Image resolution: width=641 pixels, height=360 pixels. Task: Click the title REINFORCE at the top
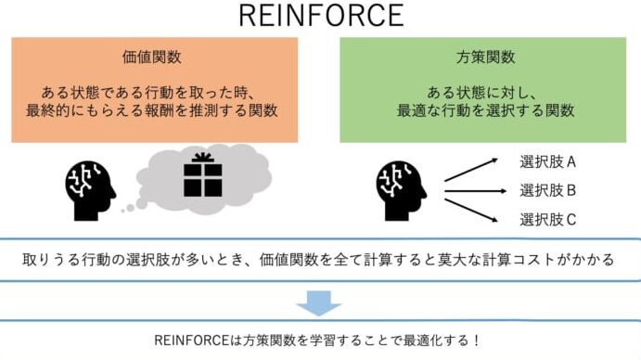pyautogui.click(x=321, y=16)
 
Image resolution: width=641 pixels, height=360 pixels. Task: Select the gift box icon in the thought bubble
pyautogui.click(x=203, y=176)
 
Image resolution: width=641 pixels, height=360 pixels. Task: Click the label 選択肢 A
pyautogui.click(x=548, y=162)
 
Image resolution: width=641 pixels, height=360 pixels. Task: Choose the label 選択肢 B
pyautogui.click(x=548, y=191)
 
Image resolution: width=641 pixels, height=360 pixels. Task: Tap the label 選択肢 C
pyautogui.click(x=548, y=220)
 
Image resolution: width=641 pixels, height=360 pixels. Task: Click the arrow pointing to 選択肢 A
pyautogui.click(x=472, y=169)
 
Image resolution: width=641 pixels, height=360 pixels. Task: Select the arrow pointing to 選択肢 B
pyautogui.click(x=474, y=191)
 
